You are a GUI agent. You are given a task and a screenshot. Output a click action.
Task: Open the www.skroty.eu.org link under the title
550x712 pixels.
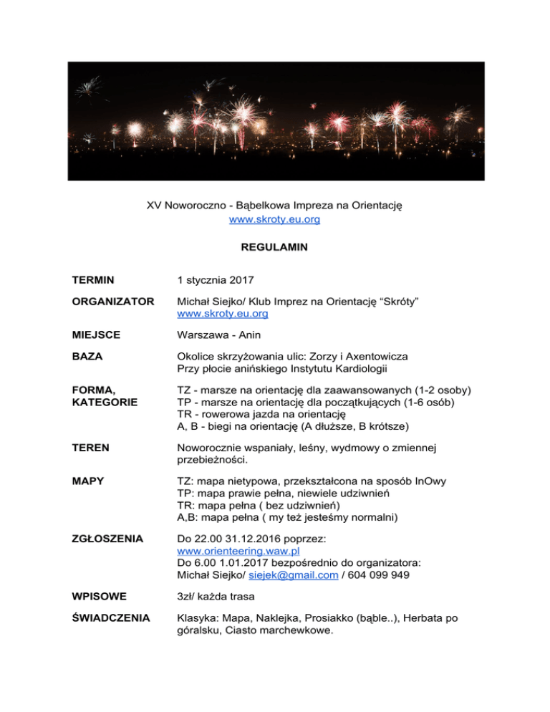coord(274,220)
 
